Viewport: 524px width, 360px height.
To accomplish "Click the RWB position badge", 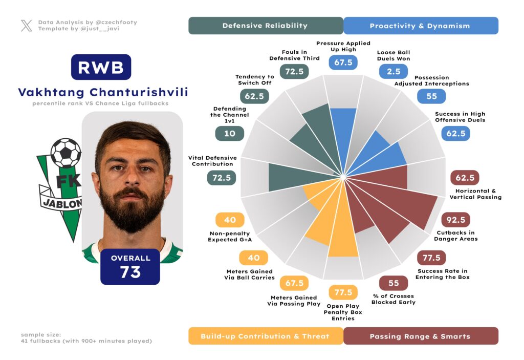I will [101, 67].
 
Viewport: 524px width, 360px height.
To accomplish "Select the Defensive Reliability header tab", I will [265, 26].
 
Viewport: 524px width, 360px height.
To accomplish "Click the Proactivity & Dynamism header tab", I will [420, 26].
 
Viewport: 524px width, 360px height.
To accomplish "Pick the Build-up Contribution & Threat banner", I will [265, 336].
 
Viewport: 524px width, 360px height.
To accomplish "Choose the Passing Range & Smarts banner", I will [420, 336].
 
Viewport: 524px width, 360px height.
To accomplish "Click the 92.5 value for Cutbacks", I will [455, 220].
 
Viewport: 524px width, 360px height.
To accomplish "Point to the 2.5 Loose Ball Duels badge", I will [394, 71].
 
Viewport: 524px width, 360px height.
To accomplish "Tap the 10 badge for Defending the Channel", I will [229, 134].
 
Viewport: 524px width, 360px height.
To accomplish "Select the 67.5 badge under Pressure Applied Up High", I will [343, 62].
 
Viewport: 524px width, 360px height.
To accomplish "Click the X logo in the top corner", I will [27, 26].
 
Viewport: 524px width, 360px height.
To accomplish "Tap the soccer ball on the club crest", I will [65, 153].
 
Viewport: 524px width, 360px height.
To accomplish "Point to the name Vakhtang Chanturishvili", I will [103, 92].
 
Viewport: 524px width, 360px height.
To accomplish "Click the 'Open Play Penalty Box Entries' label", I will [343, 312].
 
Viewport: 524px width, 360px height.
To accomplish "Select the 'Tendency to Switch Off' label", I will [255, 79].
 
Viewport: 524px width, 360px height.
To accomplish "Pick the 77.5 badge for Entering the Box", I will [431, 258].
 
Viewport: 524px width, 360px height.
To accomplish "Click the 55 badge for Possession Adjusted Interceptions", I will [431, 96].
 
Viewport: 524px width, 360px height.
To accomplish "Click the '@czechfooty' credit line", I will [88, 23].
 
